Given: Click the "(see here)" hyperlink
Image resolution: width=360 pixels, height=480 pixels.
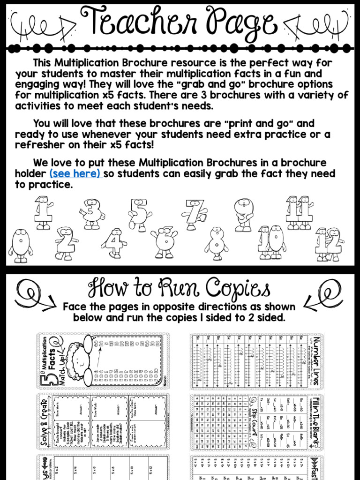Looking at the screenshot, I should [x=75, y=174].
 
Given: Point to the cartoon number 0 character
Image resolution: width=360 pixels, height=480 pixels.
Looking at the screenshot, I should [x=20, y=245].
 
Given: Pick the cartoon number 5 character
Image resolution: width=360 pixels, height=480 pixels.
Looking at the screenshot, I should [x=139, y=215].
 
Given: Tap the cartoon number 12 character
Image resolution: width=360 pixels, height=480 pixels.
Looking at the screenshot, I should [x=329, y=244].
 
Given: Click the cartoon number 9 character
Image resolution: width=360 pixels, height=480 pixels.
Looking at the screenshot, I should [x=243, y=214].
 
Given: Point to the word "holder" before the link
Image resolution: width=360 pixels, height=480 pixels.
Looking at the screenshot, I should [x=31, y=174].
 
